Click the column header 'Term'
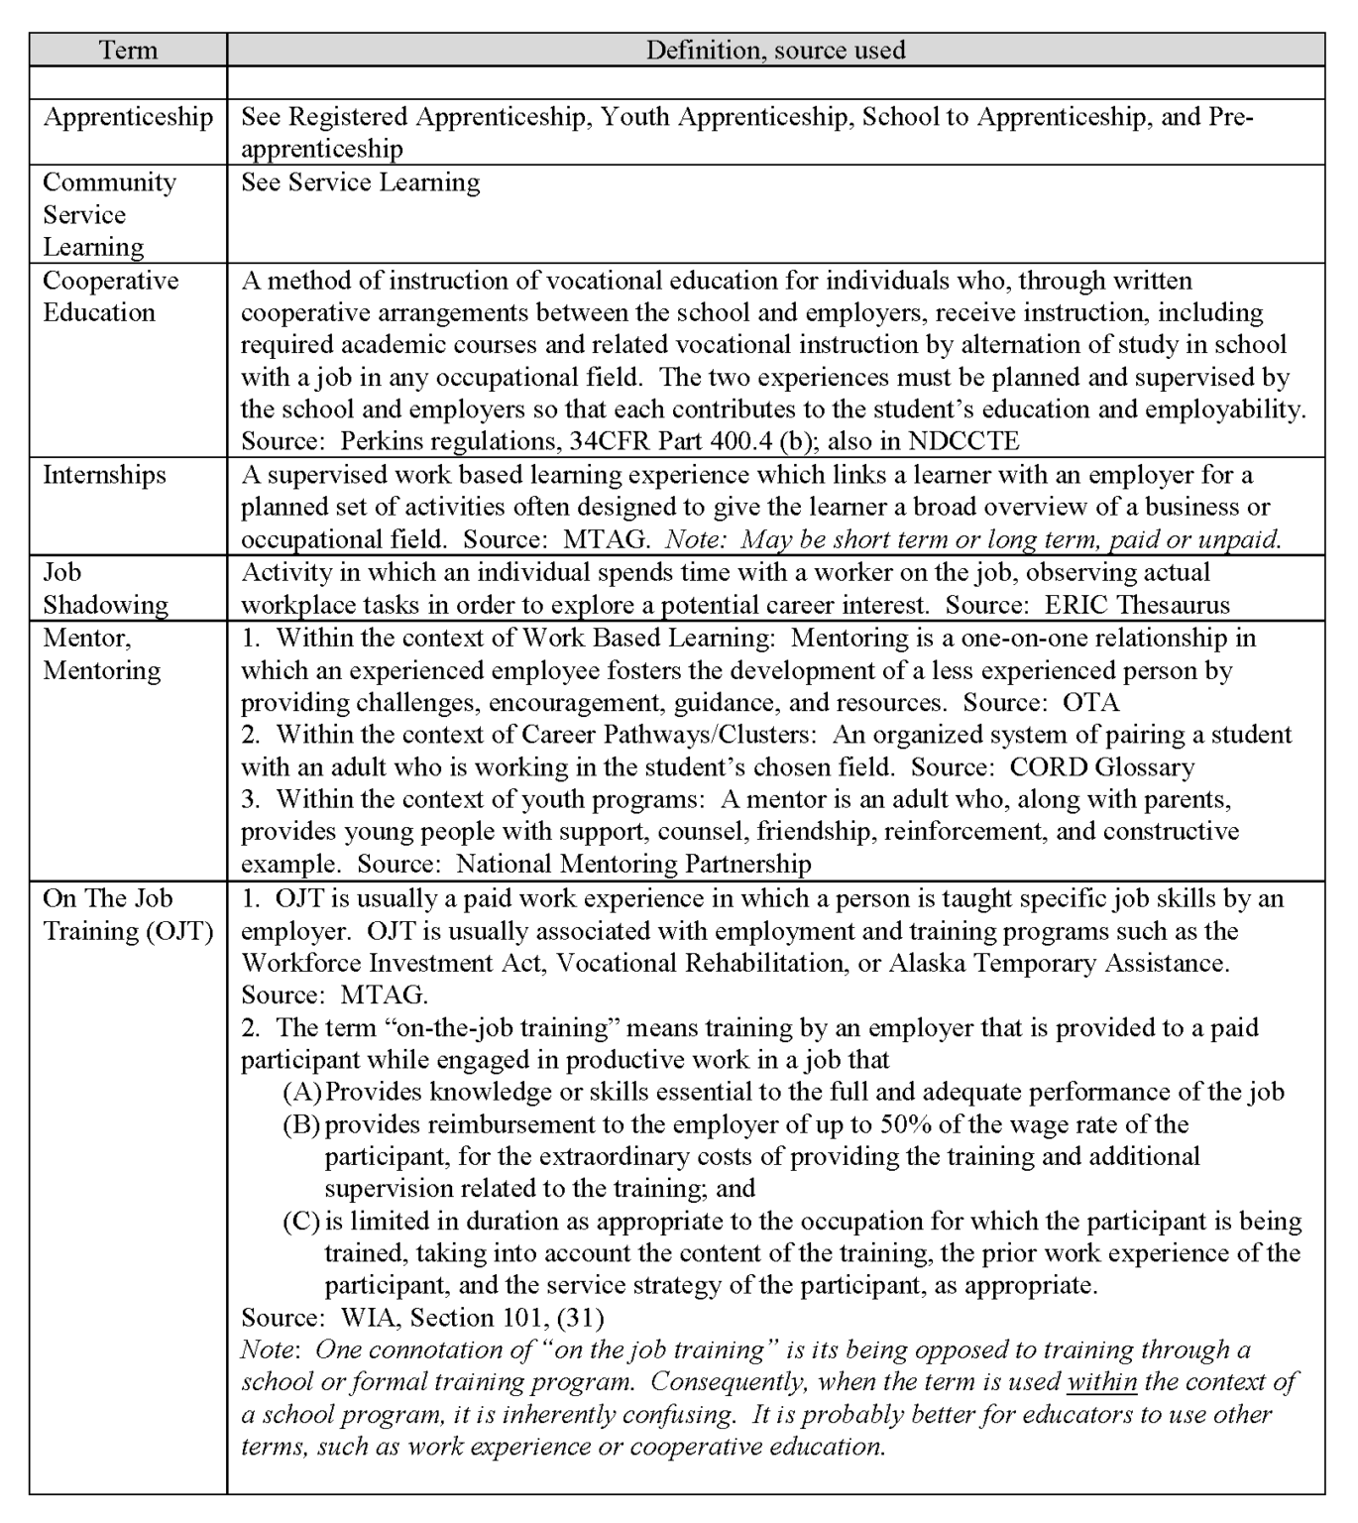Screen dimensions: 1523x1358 pyautogui.click(x=128, y=50)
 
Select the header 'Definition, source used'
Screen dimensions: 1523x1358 pyautogui.click(x=775, y=50)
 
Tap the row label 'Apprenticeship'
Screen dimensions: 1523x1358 pyautogui.click(x=128, y=117)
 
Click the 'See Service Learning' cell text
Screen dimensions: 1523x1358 pyautogui.click(x=361, y=182)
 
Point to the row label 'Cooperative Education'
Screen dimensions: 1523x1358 pyautogui.click(x=110, y=296)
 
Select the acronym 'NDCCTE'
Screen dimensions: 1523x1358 pyautogui.click(x=962, y=441)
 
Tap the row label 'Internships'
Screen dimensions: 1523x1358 pyautogui.click(x=104, y=475)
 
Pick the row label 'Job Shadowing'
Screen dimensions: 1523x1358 pyautogui.click(x=105, y=588)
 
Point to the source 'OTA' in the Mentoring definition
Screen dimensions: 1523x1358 pyautogui.click(x=1090, y=703)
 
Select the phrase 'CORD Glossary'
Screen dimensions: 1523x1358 pyautogui.click(x=1101, y=767)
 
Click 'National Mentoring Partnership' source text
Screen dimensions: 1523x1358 pyautogui.click(x=633, y=865)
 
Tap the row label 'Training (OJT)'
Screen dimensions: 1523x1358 pyautogui.click(x=128, y=931)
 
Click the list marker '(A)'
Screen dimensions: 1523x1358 pyautogui.click(x=301, y=1093)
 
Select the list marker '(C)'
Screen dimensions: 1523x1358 pyautogui.click(x=301, y=1222)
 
